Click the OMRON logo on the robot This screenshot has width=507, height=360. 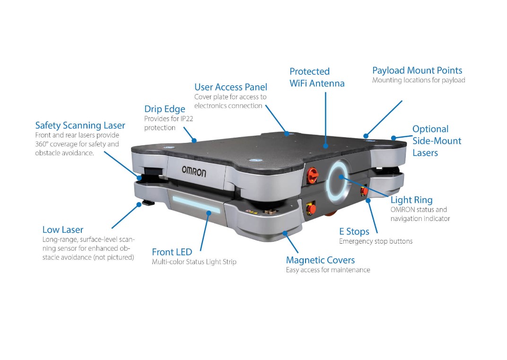tap(194, 171)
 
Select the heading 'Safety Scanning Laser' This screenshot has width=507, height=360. tap(80, 125)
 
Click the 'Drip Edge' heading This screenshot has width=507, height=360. tap(165, 109)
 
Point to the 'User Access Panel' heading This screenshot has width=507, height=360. tap(231, 87)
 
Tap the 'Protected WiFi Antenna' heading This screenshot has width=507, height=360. tap(317, 77)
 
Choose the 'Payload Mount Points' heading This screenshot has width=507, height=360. tap(417, 70)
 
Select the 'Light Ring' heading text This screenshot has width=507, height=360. tap(411, 200)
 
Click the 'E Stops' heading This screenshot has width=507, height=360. tap(354, 231)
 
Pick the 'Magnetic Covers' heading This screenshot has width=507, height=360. tap(320, 260)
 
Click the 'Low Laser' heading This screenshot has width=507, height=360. tap(63, 229)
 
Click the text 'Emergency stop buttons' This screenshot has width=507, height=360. tap(376, 241)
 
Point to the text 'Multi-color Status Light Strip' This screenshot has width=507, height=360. tap(194, 262)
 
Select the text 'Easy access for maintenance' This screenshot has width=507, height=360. tap(328, 270)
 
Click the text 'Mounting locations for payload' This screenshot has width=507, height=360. tap(419, 80)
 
